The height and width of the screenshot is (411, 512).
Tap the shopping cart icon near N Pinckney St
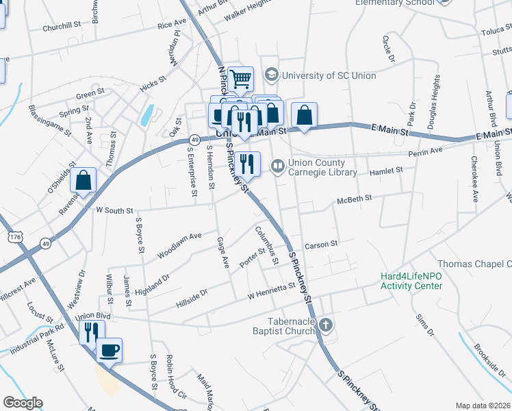(x=240, y=79)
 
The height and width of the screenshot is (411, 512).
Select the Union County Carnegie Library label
(x=322, y=168)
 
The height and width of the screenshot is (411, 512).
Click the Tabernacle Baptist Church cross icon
(x=326, y=325)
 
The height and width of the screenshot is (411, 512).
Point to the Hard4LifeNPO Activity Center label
(x=411, y=281)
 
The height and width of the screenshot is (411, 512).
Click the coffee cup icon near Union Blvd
(x=109, y=351)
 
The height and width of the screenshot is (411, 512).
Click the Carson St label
(x=322, y=244)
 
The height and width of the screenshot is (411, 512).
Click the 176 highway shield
(x=14, y=236)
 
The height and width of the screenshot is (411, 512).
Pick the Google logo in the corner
(x=23, y=403)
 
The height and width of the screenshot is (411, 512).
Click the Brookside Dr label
(x=491, y=358)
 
